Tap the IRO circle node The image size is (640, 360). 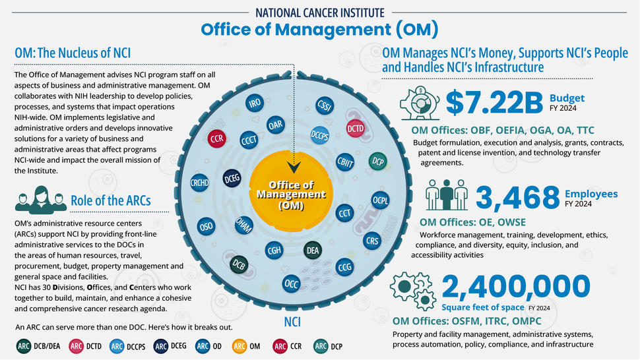255,104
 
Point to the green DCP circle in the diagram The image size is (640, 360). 377,162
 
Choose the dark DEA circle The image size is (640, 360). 313,251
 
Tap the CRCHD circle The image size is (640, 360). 200,183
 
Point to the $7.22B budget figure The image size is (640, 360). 494,102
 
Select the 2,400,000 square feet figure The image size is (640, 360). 515,286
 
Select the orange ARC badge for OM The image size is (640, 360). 239,346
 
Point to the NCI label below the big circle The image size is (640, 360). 292,322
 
